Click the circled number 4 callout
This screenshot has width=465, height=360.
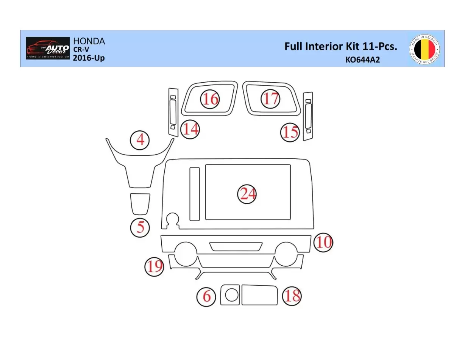(x=140, y=140)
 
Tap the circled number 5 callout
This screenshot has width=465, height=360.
(x=140, y=227)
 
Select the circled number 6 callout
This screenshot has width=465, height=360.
(x=206, y=296)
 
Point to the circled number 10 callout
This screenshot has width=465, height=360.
(x=324, y=242)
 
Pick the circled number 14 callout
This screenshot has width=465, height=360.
(x=190, y=129)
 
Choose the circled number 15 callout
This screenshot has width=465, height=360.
(x=290, y=132)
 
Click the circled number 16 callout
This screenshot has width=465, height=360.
(x=210, y=99)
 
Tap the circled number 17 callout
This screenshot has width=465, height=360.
(x=271, y=99)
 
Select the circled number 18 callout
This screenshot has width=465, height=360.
(x=292, y=296)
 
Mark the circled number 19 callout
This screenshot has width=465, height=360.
(x=154, y=266)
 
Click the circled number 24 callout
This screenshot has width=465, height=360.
(x=247, y=194)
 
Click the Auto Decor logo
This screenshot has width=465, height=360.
(x=48, y=48)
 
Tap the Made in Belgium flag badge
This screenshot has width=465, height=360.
(x=425, y=49)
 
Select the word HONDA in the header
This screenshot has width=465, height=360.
(x=89, y=41)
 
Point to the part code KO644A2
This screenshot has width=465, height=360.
(x=362, y=59)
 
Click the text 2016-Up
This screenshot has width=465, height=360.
(x=89, y=58)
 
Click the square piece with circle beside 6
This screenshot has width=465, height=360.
(x=230, y=295)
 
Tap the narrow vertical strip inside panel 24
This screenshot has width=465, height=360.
(x=194, y=194)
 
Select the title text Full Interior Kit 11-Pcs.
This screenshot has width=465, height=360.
(x=340, y=47)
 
